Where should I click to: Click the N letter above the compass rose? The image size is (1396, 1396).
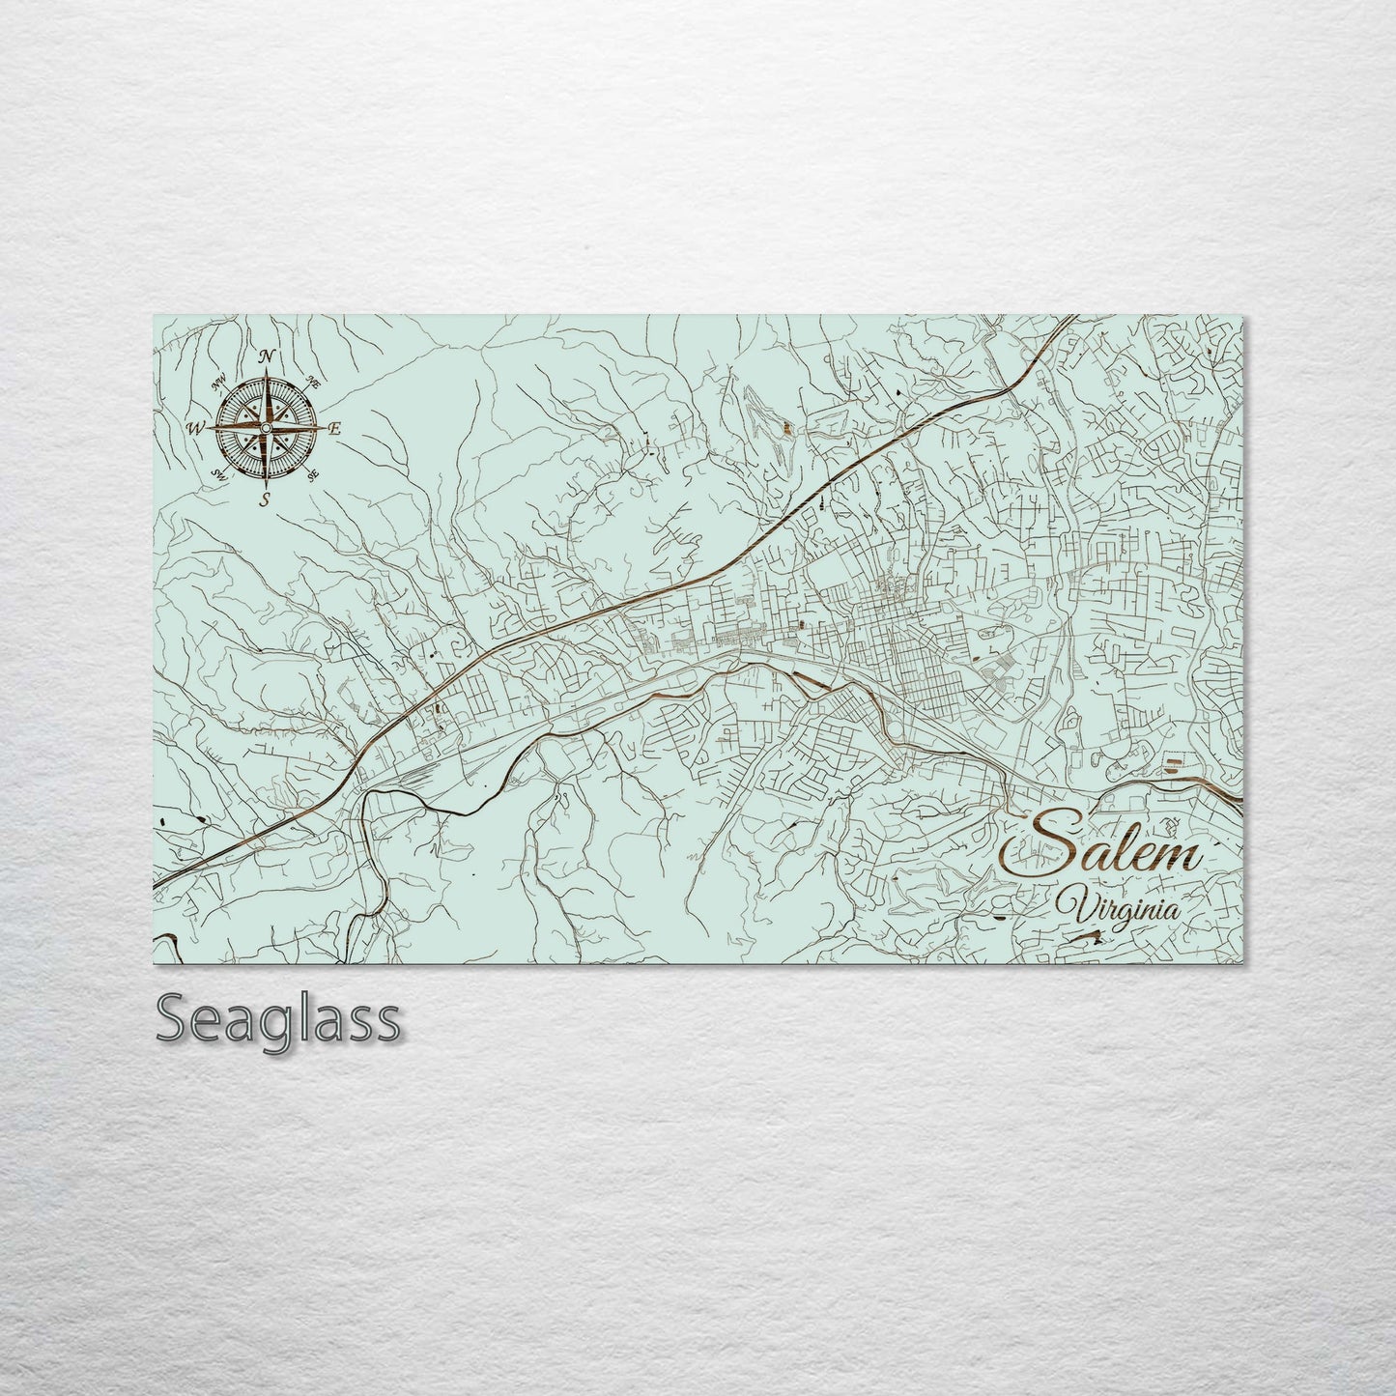point(269,356)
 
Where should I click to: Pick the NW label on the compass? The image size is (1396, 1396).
point(220,380)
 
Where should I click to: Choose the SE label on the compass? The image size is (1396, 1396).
point(312,474)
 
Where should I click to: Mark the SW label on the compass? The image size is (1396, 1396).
point(219,473)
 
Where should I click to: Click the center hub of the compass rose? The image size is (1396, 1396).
point(267,427)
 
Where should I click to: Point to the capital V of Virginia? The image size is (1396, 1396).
point(1070,906)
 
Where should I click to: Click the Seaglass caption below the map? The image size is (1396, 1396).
point(278,1018)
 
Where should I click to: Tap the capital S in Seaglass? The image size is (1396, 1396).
point(174,1018)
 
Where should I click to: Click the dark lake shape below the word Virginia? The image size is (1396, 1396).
point(1086,935)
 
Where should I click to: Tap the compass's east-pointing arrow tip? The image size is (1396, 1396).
point(323,427)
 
